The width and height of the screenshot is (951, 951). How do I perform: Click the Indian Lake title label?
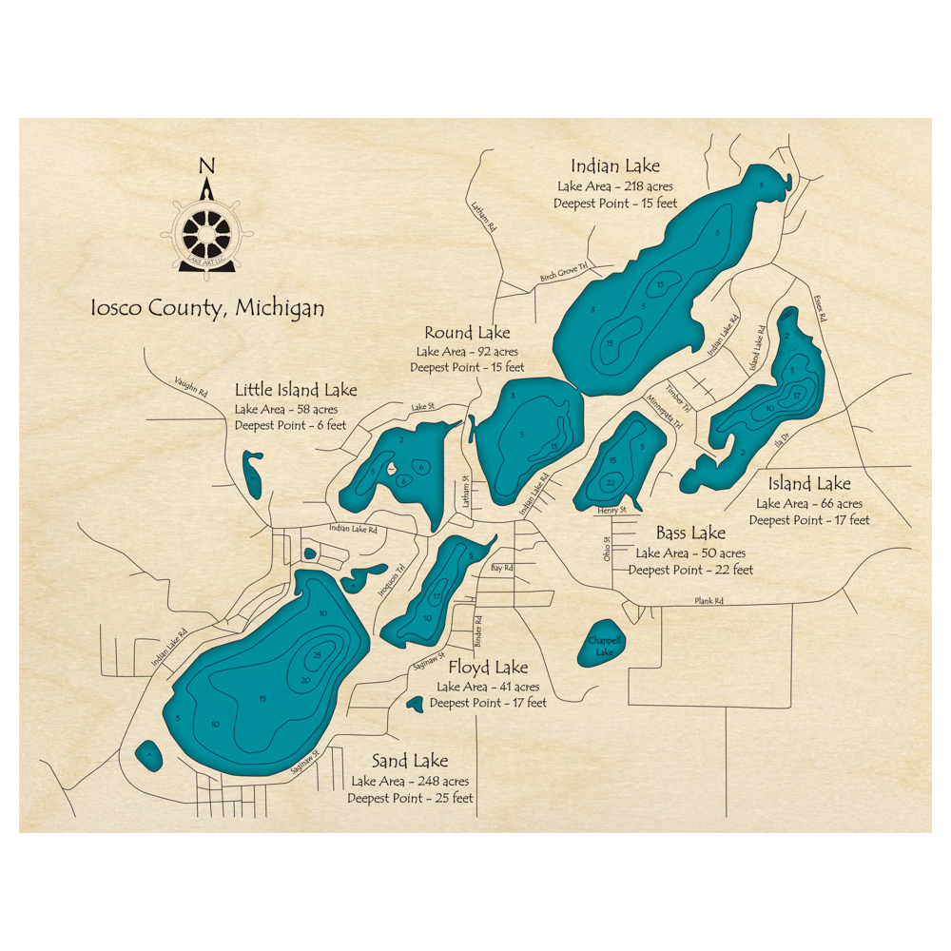click(x=614, y=166)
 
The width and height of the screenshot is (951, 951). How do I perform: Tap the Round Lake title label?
click(x=467, y=332)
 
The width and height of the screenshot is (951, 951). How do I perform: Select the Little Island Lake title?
click(x=296, y=390)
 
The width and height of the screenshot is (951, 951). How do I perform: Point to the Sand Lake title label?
click(x=409, y=761)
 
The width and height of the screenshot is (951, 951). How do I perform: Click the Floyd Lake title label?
click(x=488, y=667)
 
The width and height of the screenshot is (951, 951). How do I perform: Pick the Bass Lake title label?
click(x=690, y=533)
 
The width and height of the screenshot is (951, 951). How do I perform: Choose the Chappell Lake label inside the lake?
click(x=603, y=647)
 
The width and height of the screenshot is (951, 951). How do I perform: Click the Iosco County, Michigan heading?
click(x=206, y=308)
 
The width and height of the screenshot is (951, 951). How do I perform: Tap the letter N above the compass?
click(x=206, y=164)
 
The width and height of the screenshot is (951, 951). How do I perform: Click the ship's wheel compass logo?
click(x=206, y=233)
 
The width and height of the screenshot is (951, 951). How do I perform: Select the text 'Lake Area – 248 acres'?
click(x=410, y=781)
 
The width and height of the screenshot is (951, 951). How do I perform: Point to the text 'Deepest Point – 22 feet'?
click(x=690, y=570)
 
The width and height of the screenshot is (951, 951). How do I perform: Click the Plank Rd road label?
click(x=708, y=601)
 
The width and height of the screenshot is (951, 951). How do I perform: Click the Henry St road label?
click(x=611, y=511)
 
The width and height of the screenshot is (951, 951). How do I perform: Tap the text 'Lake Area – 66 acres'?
click(x=808, y=503)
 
